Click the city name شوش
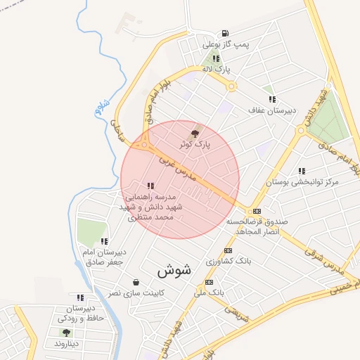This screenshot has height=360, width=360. [174, 269]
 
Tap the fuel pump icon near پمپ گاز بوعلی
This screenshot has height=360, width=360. [224, 33]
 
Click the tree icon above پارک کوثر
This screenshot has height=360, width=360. [195, 131]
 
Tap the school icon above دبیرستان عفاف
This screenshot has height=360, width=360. [271, 99]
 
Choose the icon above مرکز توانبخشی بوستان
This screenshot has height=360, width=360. [302, 171]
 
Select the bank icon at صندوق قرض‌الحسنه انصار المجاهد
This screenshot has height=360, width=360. [257, 210]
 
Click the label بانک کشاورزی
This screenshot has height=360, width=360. [229, 260]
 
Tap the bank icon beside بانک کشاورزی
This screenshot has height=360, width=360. [227, 250]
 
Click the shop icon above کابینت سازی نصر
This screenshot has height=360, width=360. [135, 282]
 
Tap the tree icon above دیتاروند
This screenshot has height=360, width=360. [66, 333]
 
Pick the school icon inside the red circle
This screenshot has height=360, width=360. [150, 186]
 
